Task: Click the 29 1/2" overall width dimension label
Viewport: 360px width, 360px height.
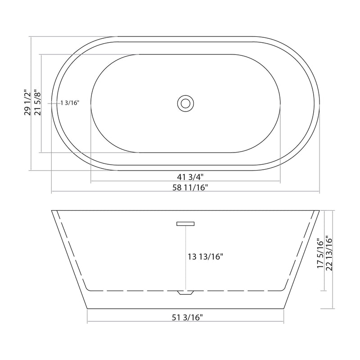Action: pos(27,103)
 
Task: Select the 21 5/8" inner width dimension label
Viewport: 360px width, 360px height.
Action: pos(38,103)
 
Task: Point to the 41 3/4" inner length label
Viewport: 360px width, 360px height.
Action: pos(186,175)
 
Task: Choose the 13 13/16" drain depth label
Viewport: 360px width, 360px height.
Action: pos(206,257)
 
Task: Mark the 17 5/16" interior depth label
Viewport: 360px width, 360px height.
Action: pos(320,253)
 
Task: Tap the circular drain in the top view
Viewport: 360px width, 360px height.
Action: pos(185,103)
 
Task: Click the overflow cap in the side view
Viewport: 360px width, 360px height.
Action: pos(185,223)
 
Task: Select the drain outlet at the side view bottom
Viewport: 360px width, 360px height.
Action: pos(185,292)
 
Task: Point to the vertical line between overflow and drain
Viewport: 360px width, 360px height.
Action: pos(185,259)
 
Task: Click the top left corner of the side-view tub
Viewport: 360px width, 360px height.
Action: pos(52,210)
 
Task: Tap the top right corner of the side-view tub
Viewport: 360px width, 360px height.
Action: pos(319,210)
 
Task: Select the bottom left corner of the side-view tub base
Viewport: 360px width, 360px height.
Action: pos(86,309)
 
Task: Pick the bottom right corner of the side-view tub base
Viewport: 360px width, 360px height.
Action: pos(285,309)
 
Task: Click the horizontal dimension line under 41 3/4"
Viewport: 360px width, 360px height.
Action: pos(135,182)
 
